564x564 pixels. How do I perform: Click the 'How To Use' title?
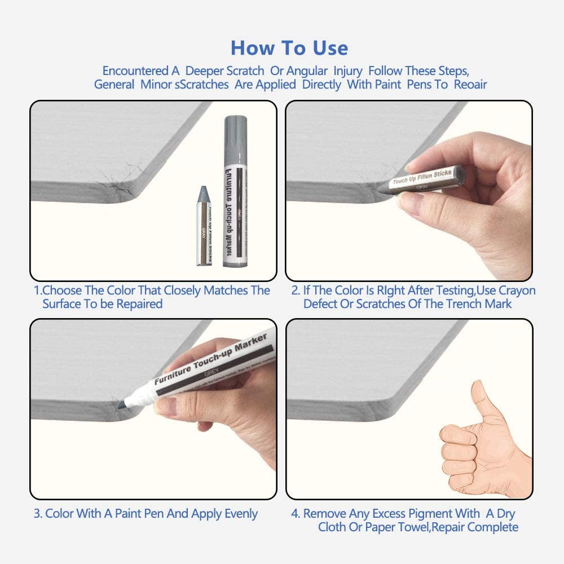[289, 48]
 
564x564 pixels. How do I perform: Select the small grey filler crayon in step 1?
[204, 226]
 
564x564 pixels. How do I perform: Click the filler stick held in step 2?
[429, 179]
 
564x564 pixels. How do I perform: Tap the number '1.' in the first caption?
[37, 291]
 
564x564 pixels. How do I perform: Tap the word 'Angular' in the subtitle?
[307, 71]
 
